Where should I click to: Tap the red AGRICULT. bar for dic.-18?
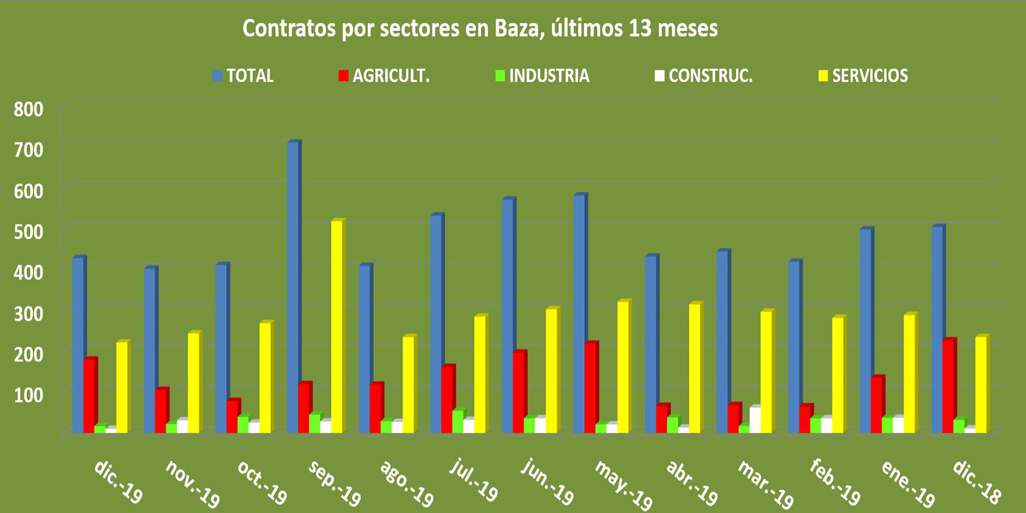tap(948, 385)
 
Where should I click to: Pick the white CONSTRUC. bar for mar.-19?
tap(755, 419)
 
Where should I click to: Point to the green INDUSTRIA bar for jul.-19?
tap(457, 421)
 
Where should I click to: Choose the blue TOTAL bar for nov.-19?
tap(150, 349)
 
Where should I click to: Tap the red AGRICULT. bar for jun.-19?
tap(519, 391)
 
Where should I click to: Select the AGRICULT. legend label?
tap(391, 76)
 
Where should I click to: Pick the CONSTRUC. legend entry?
tap(710, 76)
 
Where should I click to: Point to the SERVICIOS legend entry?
tap(870, 76)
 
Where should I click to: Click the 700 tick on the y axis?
tap(29, 150)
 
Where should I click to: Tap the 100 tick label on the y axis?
tap(29, 394)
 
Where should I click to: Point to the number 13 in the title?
tap(640, 28)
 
